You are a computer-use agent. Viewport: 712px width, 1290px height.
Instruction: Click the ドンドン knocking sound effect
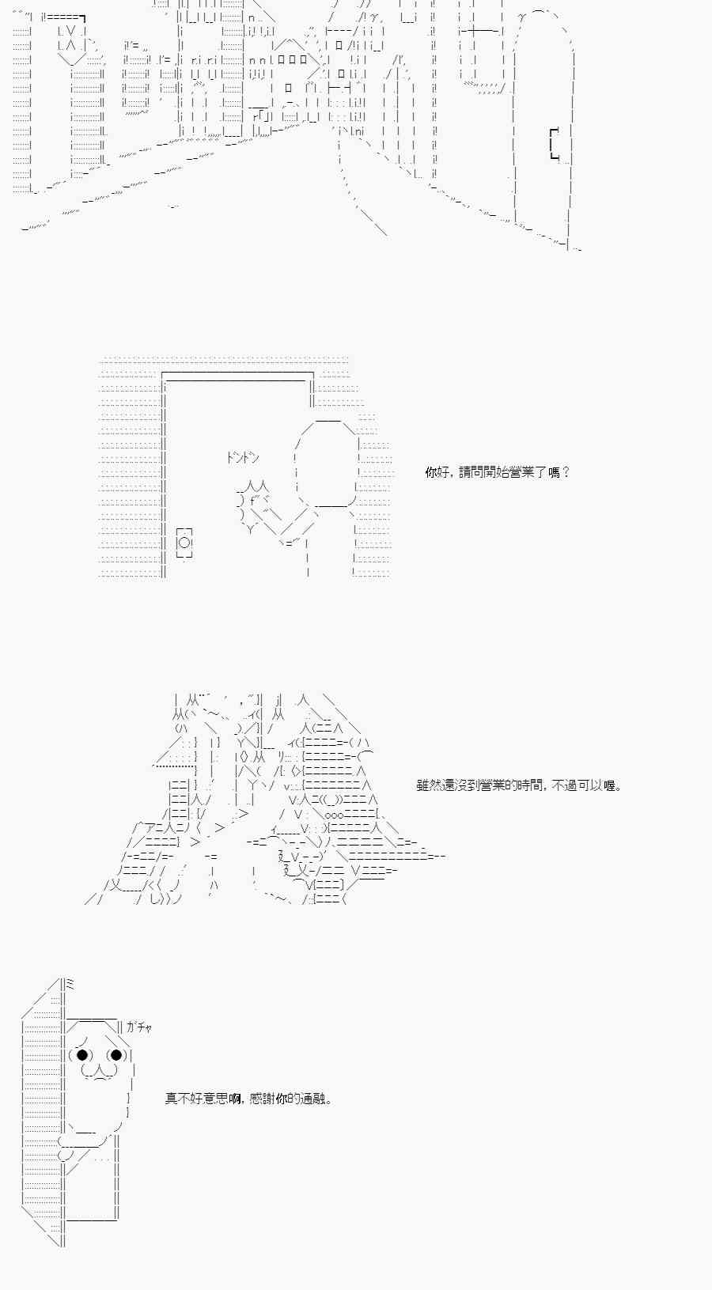pyautogui.click(x=243, y=458)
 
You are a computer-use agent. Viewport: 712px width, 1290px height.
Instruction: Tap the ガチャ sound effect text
pyautogui.click(x=138, y=1027)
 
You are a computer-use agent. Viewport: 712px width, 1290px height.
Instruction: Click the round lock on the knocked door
pyautogui.click(x=184, y=543)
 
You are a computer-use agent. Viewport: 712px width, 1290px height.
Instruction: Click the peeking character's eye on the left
pyautogui.click(x=81, y=1054)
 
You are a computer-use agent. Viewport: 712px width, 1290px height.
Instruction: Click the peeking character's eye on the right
pyautogui.click(x=116, y=1054)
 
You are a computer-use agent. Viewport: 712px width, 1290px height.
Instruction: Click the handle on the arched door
pyautogui.click(x=555, y=144)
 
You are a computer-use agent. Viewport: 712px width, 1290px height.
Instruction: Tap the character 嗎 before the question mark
pyautogui.click(x=554, y=472)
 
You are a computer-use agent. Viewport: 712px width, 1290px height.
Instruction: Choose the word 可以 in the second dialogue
pyautogui.click(x=586, y=785)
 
